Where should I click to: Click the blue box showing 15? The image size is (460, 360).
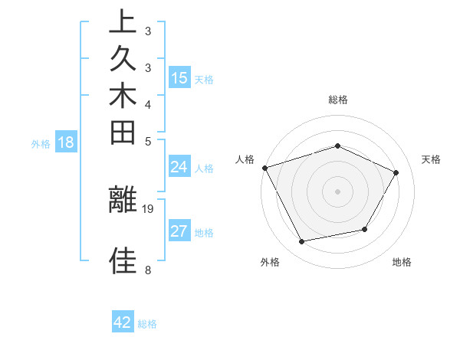coord(179,77)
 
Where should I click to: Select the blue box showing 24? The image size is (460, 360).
coord(179,167)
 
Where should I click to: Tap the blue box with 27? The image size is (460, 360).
coord(179,231)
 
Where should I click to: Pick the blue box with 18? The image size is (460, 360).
coord(66,142)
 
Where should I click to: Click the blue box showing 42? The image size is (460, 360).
coord(123,322)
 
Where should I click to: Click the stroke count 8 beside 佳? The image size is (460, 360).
coord(148,270)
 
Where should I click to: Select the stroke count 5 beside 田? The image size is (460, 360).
coord(148,141)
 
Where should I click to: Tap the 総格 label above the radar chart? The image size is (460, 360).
coord(338,100)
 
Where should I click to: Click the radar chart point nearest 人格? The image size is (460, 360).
coord(264,167)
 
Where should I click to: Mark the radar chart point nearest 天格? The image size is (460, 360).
coord(396,172)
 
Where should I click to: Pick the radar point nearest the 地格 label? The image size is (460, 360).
coord(365,229)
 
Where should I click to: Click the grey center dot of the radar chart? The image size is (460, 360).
coord(338,191)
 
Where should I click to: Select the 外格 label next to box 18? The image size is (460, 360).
coord(41,142)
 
